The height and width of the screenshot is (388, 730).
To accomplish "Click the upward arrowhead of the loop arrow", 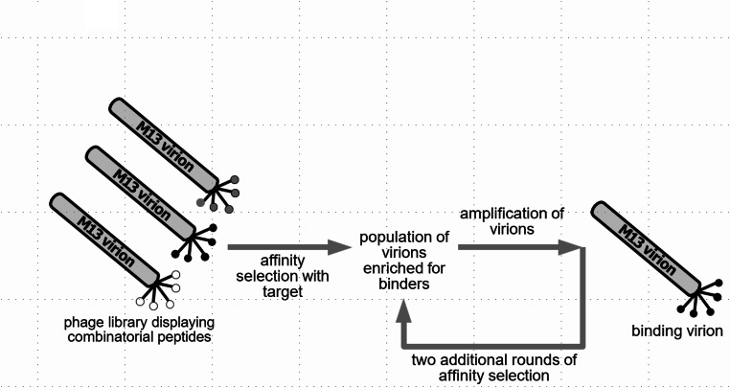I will pyautogui.click(x=406, y=308).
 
